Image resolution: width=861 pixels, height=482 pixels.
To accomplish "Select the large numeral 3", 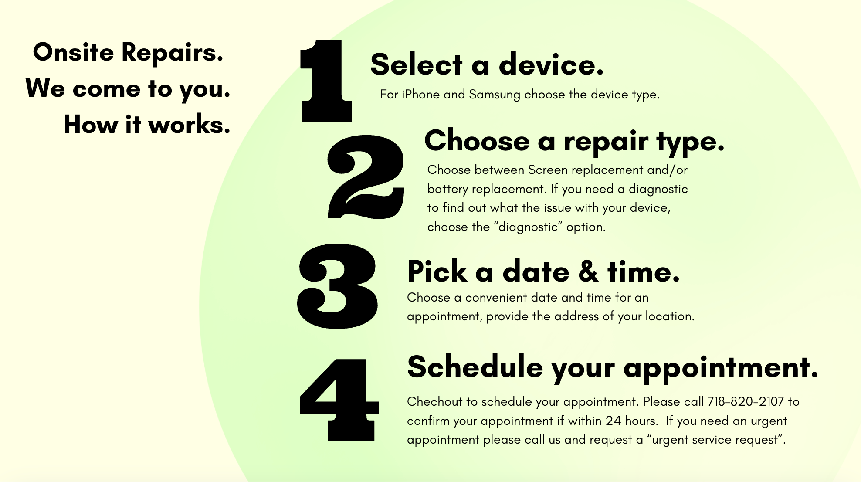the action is [x=337, y=286].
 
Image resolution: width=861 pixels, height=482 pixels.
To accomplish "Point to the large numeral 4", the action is [x=339, y=400].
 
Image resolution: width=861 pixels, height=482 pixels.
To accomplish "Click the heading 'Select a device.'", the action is [x=487, y=64].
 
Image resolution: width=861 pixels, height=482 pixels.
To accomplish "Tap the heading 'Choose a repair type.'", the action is [x=574, y=142].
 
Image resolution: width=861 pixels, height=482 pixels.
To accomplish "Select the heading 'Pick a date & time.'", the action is [x=543, y=271].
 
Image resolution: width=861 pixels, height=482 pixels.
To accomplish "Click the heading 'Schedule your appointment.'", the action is [x=613, y=368].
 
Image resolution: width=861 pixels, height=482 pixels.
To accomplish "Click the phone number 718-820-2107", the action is [x=746, y=401].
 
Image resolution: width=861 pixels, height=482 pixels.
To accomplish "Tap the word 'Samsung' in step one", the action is [x=495, y=95].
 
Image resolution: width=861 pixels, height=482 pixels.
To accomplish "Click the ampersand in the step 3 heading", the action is [x=589, y=271].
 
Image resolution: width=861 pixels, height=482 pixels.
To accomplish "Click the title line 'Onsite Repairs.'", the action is [x=128, y=52].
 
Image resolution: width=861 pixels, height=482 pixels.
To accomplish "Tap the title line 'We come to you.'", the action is [x=128, y=89].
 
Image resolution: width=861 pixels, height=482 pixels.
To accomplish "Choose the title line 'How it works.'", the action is [x=147, y=124].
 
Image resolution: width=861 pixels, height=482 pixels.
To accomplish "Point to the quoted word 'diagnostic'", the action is [x=528, y=227].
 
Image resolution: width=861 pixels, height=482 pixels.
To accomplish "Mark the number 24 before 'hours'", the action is [x=613, y=421].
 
